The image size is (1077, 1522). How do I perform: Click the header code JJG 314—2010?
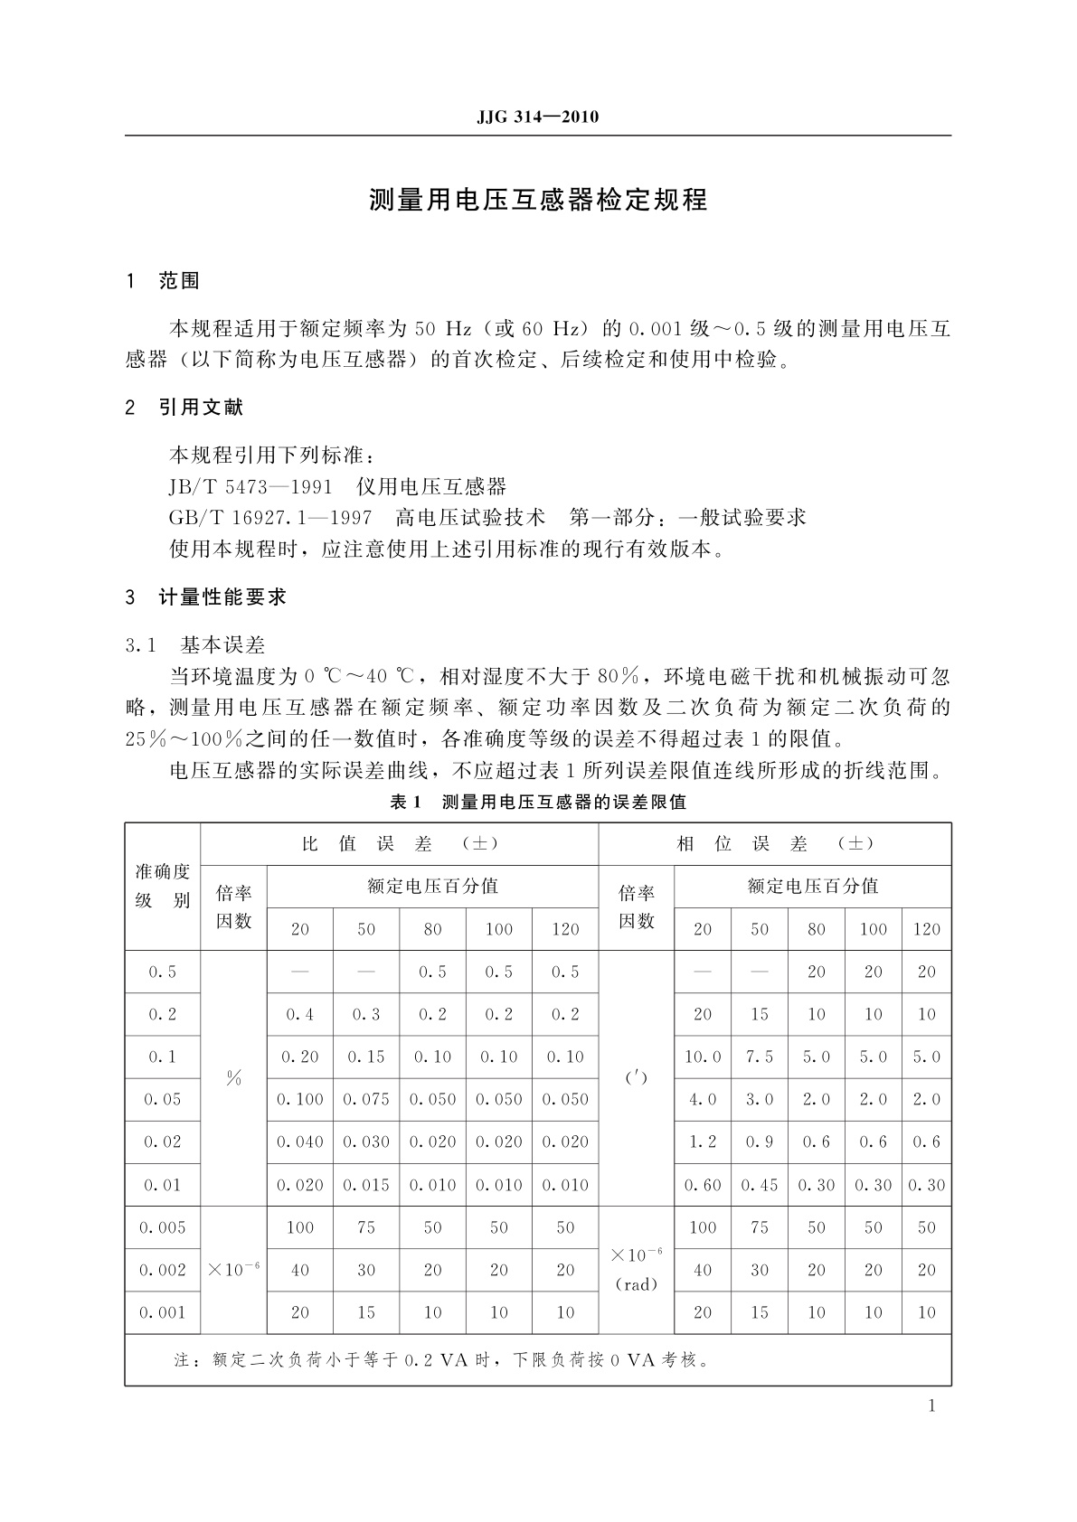point(537,117)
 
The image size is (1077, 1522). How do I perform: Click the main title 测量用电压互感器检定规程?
point(538,200)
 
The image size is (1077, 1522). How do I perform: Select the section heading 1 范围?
point(163,281)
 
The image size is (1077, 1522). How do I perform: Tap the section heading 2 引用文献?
point(184,408)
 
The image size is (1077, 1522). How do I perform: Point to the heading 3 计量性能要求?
point(206,597)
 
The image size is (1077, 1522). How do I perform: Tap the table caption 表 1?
point(405,802)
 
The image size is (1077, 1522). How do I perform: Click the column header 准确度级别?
point(163,886)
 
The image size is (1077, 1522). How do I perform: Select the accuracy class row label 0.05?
point(163,1100)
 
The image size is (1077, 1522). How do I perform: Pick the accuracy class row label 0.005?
point(163,1227)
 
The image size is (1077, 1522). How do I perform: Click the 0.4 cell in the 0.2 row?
point(300,1015)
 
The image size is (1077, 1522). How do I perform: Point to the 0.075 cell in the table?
point(366,1100)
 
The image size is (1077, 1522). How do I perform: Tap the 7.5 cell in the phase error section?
point(760,1057)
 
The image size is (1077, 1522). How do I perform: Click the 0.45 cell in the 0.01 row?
point(760,1185)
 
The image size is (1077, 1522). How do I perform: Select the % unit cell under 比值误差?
point(234,1078)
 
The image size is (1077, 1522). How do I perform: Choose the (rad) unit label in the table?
point(637,1284)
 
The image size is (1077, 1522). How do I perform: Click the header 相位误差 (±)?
point(775,844)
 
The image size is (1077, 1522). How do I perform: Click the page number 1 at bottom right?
point(932,1405)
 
